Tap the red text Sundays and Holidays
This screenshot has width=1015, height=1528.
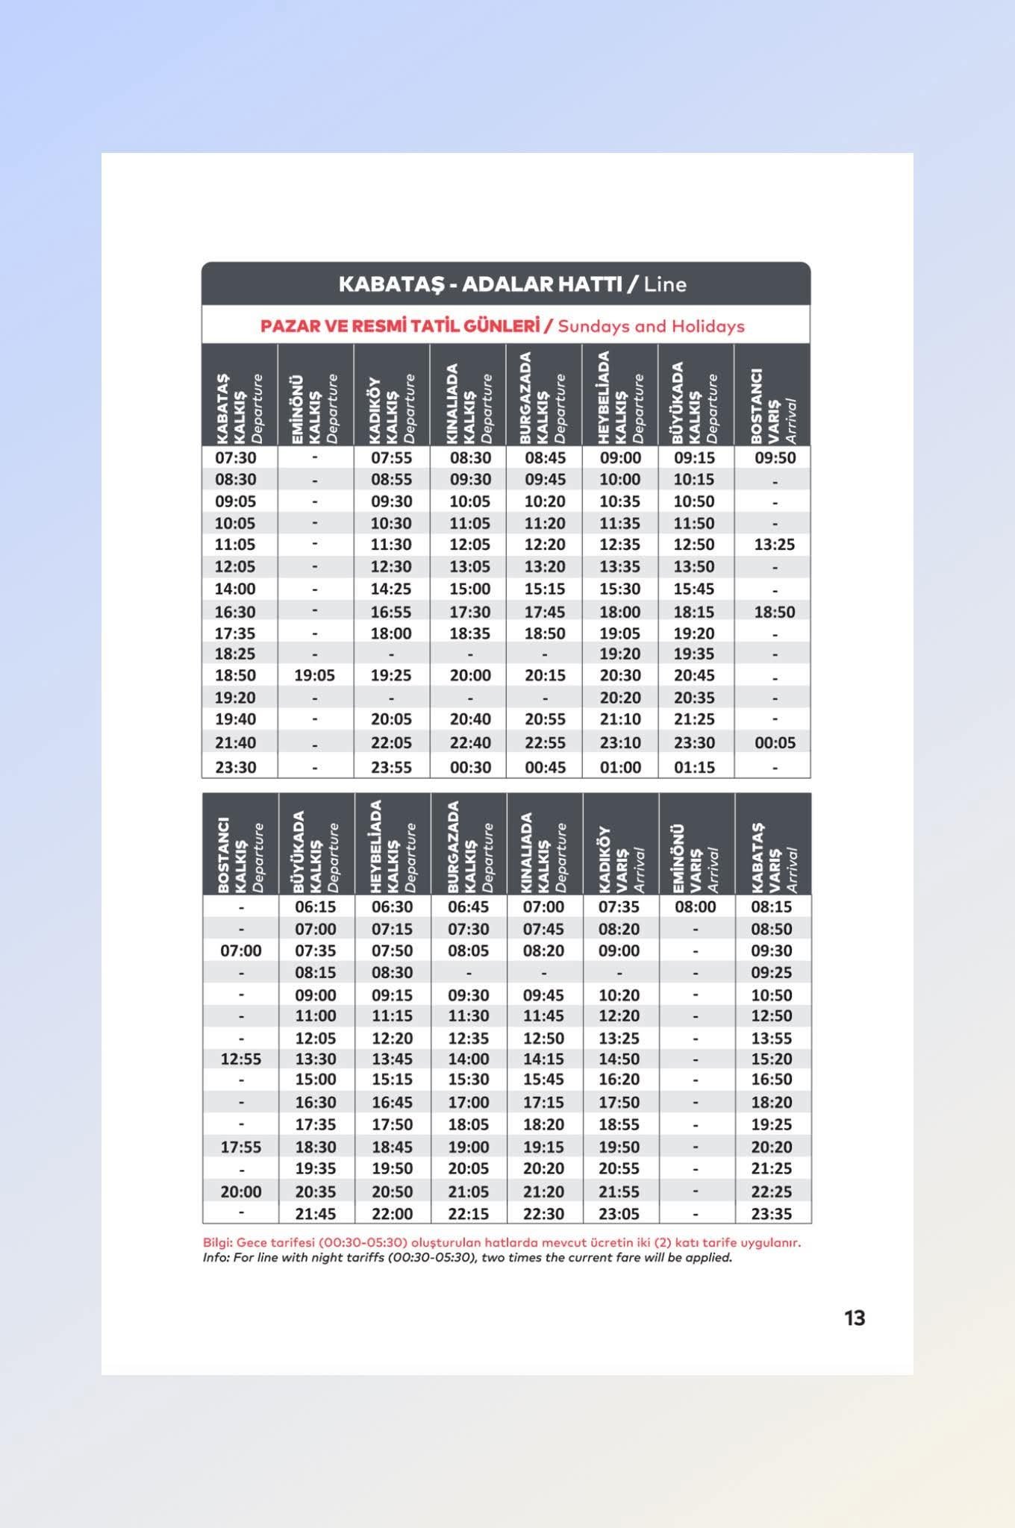point(651,326)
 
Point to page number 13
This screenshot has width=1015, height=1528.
point(855,1318)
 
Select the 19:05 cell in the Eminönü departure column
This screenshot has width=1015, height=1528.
point(314,675)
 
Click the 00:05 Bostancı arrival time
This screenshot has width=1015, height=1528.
point(774,742)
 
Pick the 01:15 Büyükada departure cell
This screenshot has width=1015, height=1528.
point(694,767)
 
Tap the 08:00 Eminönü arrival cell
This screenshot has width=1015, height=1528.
point(695,907)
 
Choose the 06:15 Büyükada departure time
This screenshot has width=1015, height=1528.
point(315,907)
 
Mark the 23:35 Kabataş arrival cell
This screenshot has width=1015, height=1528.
point(771,1214)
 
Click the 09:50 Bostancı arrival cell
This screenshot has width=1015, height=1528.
point(774,457)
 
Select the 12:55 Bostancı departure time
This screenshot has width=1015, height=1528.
point(240,1059)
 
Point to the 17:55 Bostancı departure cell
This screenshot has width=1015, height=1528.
point(240,1147)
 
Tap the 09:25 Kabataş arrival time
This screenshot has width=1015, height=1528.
point(771,972)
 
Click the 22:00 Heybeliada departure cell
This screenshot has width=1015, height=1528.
point(392,1214)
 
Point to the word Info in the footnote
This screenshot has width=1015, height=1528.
point(214,1258)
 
